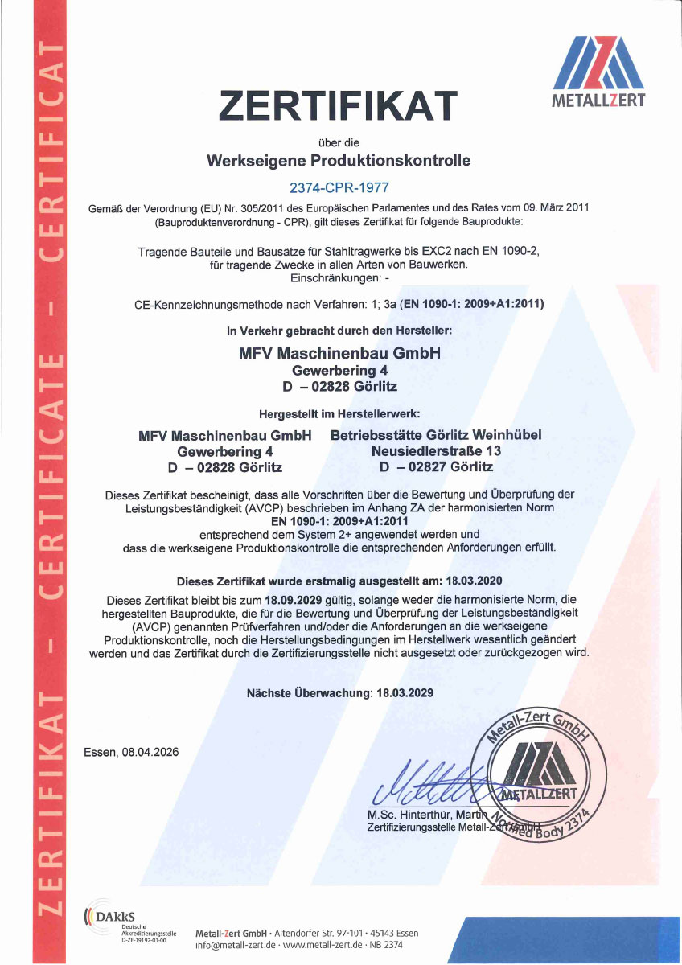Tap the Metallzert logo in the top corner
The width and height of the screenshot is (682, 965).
[598, 72]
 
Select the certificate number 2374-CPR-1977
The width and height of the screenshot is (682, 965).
[339, 188]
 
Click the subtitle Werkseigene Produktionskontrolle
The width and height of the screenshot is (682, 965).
[339, 160]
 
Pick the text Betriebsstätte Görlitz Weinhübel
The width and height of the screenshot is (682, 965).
[437, 435]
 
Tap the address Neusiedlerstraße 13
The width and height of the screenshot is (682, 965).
[437, 451]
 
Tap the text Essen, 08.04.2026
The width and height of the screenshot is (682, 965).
[131, 752]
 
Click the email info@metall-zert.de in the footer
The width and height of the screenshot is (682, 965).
[234, 946]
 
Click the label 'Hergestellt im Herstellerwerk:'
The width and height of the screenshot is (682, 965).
[339, 415]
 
